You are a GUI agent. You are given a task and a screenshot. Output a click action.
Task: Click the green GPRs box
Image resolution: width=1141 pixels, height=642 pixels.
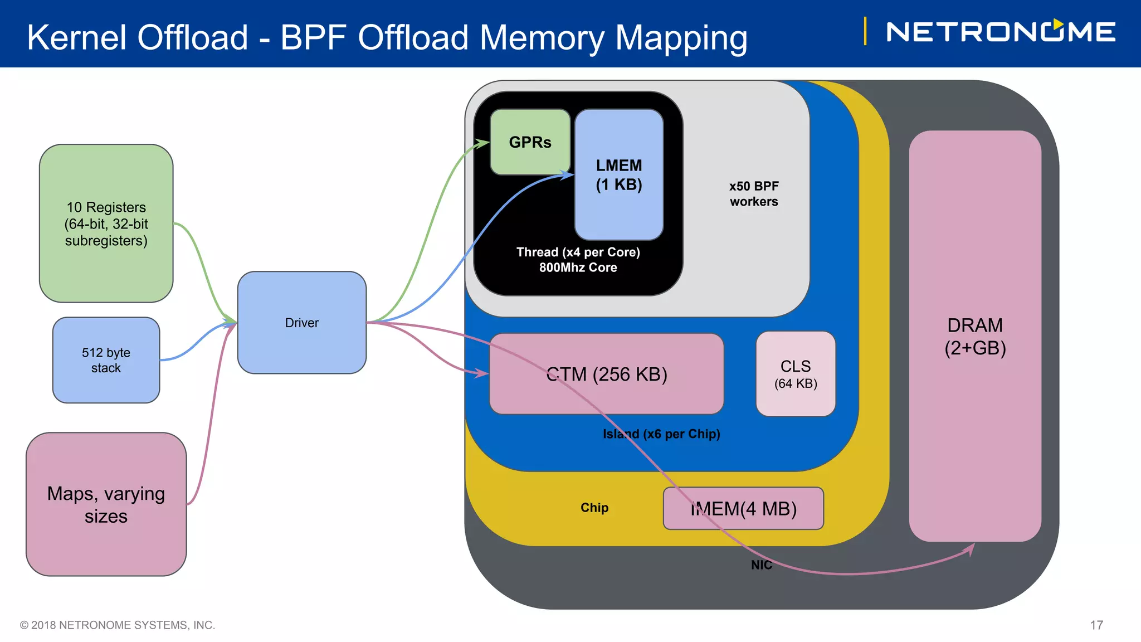(x=530, y=142)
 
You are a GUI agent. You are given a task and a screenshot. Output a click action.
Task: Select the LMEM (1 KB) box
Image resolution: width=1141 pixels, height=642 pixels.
(x=618, y=174)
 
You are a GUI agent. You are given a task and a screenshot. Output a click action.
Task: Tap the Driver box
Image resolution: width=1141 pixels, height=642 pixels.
(x=301, y=323)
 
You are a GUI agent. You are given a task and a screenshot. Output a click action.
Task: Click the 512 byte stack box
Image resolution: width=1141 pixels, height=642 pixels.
(x=106, y=360)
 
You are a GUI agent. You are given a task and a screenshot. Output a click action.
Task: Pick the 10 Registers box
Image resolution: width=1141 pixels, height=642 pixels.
(x=106, y=223)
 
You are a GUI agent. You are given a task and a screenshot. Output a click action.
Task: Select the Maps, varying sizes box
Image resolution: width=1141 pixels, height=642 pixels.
(x=106, y=504)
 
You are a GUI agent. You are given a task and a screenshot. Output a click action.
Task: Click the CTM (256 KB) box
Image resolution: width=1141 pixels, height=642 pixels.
(x=606, y=374)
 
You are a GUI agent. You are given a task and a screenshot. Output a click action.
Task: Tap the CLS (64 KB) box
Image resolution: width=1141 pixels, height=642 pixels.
(x=795, y=374)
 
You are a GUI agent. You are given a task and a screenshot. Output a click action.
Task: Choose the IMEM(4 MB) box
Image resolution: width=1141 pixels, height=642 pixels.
(x=743, y=508)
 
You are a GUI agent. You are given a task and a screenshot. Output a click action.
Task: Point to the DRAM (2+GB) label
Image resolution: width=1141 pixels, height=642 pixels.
(x=974, y=336)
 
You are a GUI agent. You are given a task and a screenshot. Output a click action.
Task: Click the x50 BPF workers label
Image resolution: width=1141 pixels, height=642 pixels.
(x=753, y=193)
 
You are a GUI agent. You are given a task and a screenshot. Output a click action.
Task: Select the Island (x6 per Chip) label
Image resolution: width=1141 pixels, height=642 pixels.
(x=661, y=434)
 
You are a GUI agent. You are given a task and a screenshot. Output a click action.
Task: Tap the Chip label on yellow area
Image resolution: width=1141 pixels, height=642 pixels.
(x=594, y=508)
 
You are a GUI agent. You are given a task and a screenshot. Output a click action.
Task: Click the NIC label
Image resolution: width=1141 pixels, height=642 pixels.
(x=761, y=565)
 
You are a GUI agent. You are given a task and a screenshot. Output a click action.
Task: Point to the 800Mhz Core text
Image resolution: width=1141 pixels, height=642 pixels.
(x=578, y=267)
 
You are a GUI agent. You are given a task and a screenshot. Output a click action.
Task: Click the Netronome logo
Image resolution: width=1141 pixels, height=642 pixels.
(x=1000, y=32)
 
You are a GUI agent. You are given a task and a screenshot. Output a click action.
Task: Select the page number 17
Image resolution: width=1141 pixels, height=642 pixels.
(x=1096, y=625)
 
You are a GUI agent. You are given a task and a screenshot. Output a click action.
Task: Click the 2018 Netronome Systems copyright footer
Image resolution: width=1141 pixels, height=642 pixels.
(x=118, y=625)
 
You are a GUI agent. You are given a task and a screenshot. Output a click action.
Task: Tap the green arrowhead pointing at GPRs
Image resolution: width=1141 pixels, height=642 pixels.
(x=482, y=143)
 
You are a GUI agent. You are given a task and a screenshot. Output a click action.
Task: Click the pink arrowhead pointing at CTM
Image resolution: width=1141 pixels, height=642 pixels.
(x=482, y=373)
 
